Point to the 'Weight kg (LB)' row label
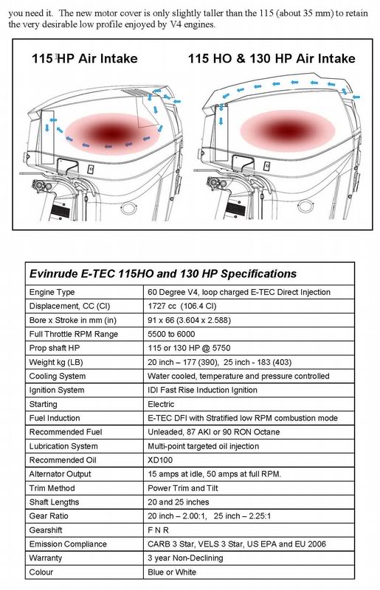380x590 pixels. coord(55,363)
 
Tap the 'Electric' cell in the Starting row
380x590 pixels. coord(162,404)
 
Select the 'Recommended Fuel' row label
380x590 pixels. coord(63,431)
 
